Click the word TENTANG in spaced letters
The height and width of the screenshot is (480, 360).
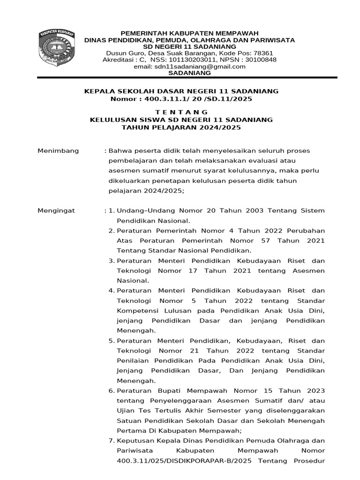181,112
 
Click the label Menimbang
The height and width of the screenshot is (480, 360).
58,151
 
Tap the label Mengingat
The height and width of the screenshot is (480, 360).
56,211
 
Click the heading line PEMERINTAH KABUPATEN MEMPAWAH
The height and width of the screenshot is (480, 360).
190,33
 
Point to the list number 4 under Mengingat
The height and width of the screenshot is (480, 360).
112,291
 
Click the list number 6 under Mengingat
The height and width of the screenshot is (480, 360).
112,391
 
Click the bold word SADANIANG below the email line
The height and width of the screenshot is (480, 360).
189,73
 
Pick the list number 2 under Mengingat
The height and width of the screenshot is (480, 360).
112,231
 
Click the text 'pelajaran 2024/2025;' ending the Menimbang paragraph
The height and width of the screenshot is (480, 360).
147,191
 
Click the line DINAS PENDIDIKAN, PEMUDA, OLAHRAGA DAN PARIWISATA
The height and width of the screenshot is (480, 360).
189,40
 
